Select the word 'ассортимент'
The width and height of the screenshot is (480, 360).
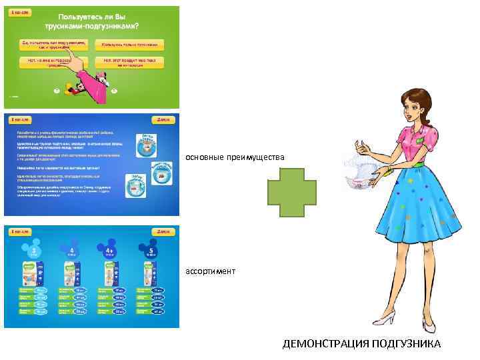pyautogui.click(x=210, y=271)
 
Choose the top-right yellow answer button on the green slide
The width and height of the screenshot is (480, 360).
pyautogui.click(x=130, y=45)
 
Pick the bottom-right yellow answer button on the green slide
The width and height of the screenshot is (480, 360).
pyautogui.click(x=130, y=62)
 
